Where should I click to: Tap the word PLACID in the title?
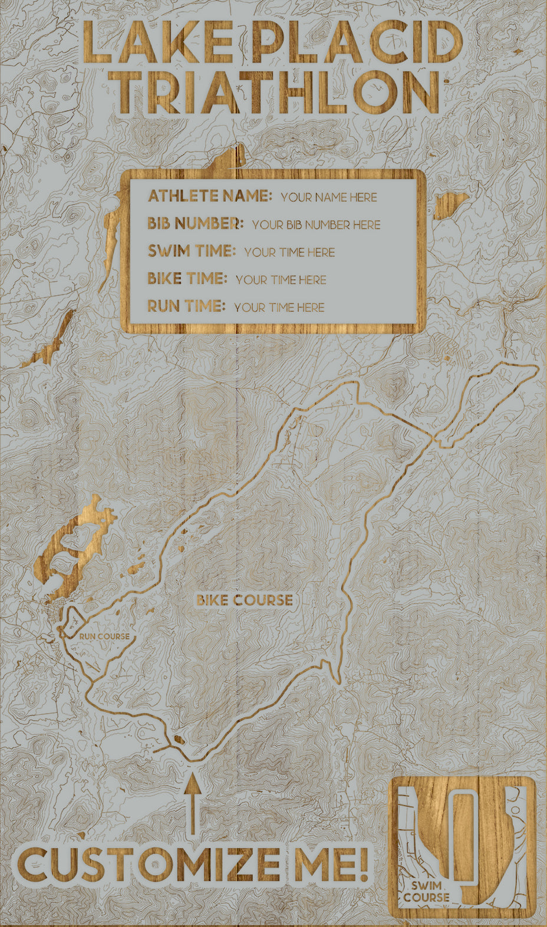click(x=356, y=42)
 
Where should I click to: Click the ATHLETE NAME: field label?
click(x=209, y=196)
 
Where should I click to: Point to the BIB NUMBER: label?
click(x=195, y=223)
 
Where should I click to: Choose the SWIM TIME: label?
click(x=192, y=251)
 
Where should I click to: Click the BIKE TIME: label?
click(x=187, y=278)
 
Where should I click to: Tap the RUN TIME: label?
click(x=186, y=306)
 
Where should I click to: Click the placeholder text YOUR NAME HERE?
click(x=328, y=197)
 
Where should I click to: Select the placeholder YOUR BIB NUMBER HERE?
click(x=316, y=225)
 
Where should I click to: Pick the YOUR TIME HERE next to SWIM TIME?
click(x=289, y=252)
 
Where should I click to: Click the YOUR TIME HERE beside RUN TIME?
click(x=279, y=307)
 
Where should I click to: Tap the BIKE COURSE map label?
click(x=245, y=600)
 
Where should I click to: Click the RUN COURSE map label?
click(x=104, y=636)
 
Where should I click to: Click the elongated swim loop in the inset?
click(x=463, y=837)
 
